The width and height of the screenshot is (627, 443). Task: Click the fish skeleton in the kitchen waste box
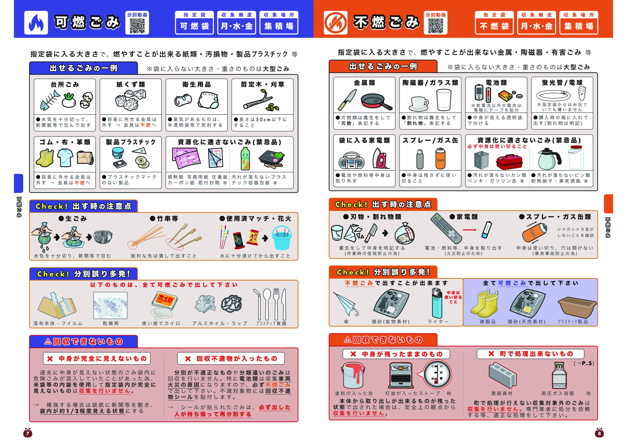[50, 100]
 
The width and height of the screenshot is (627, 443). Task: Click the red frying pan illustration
[376, 102]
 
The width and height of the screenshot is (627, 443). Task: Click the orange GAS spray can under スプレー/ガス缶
[440, 158]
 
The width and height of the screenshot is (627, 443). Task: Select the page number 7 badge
[28, 432]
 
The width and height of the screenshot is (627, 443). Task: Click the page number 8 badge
[599, 432]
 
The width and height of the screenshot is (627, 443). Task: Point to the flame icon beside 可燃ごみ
[36, 23]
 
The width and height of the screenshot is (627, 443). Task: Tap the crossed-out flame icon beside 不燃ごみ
[335, 23]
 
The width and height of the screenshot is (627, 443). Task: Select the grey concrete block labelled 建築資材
[503, 375]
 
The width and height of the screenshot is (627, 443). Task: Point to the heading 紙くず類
[131, 85]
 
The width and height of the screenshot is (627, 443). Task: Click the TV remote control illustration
[446, 228]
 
